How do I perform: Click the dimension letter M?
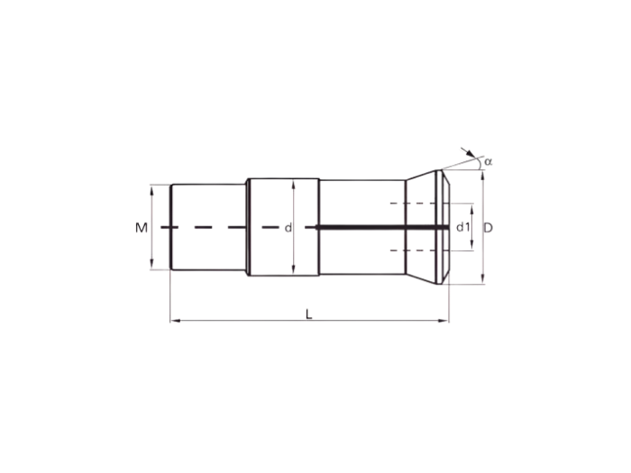tap(141, 228)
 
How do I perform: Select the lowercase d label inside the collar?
tap(288, 228)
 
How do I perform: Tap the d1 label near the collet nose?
tap(462, 228)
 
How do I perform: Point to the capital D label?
tap(488, 228)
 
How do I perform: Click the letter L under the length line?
tap(308, 314)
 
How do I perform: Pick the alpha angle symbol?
tap(489, 161)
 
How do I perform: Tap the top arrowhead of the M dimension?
tap(152, 189)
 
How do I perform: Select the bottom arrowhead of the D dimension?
tap(484, 280)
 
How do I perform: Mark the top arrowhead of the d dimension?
tap(294, 182)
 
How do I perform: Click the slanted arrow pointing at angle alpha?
tap(467, 152)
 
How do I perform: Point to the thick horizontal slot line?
tap(379, 227)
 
